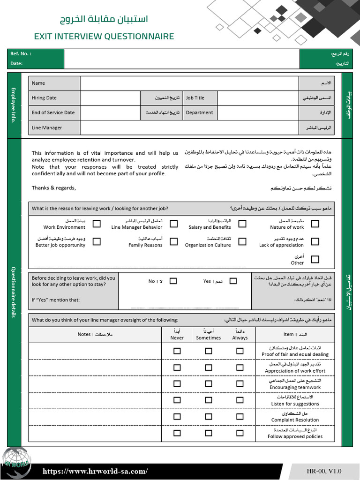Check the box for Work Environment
pos(97,224)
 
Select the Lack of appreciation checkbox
pos(315,241)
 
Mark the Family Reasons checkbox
pos(173,241)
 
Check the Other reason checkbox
pos(315,259)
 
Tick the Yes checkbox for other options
pos(233,281)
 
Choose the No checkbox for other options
pos(173,281)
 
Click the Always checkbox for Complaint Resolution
pos(240,416)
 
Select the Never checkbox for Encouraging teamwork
pos(177,383)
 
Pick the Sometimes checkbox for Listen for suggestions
pos(208,400)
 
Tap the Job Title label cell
pos(199,98)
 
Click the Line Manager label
pos(47,127)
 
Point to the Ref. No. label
pos(21,53)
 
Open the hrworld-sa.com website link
pos(95,471)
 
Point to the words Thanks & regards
pos(53,188)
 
